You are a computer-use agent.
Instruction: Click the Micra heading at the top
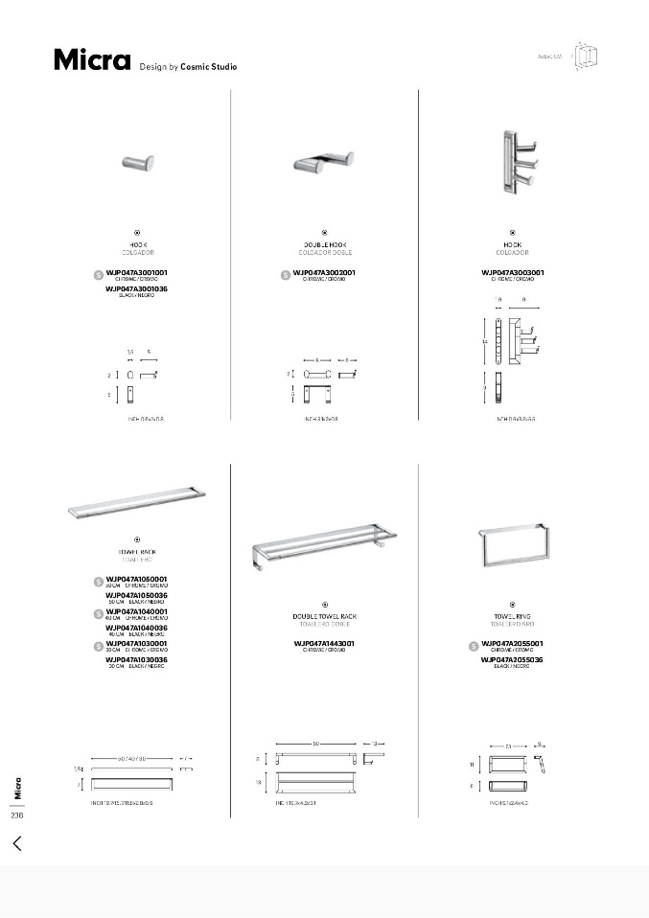pos(92,60)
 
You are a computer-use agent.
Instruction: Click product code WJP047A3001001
pos(136,273)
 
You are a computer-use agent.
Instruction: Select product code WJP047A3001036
pos(136,288)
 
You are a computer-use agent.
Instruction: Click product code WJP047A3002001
pos(324,273)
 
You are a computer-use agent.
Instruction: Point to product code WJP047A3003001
pos(513,273)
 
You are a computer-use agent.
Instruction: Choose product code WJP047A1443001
pos(324,644)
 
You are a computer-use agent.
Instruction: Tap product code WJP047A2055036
pos(513,659)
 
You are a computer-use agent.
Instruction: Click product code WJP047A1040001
pos(136,611)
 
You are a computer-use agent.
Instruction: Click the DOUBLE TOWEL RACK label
pos(324,616)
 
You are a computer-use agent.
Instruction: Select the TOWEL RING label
pos(513,616)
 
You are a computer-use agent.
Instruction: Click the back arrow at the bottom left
pos(17,843)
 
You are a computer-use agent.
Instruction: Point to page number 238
pos(17,815)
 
